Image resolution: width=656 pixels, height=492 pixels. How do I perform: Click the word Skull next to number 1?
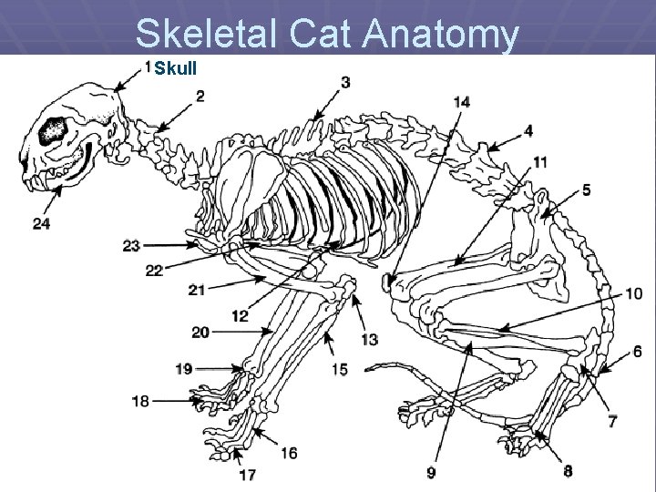click(175, 69)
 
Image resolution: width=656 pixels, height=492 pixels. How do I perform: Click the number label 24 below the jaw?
click(41, 223)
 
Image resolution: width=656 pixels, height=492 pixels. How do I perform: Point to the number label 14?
click(462, 102)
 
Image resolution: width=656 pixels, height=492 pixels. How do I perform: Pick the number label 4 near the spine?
click(528, 131)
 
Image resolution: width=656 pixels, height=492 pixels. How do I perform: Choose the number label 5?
click(587, 190)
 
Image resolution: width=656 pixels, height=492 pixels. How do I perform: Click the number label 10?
click(633, 293)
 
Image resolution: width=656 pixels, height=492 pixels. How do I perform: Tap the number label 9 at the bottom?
click(431, 472)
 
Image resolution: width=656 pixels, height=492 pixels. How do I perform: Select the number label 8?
click(568, 471)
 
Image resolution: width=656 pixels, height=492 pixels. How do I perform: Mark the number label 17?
click(248, 475)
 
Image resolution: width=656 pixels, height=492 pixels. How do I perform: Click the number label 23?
click(132, 245)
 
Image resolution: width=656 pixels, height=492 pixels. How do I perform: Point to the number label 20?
click(200, 333)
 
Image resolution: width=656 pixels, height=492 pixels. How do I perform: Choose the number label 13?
click(369, 339)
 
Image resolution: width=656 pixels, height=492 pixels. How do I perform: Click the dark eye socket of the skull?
click(53, 133)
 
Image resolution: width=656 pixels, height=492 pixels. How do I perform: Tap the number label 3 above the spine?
click(346, 83)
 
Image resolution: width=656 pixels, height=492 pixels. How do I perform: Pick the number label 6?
click(637, 352)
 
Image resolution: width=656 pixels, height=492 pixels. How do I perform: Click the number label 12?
click(240, 316)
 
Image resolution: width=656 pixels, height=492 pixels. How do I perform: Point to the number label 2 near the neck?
click(200, 96)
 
